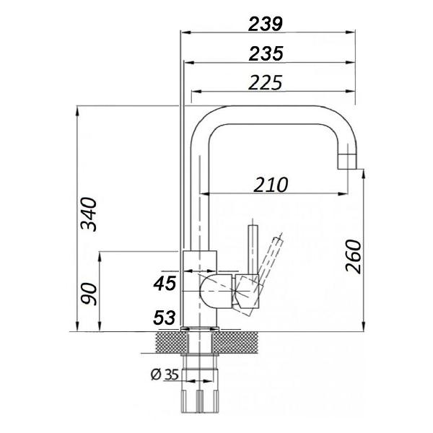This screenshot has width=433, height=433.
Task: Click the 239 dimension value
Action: [265, 23]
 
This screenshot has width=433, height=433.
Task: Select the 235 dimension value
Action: [265, 53]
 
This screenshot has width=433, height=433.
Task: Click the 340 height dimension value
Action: [89, 214]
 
